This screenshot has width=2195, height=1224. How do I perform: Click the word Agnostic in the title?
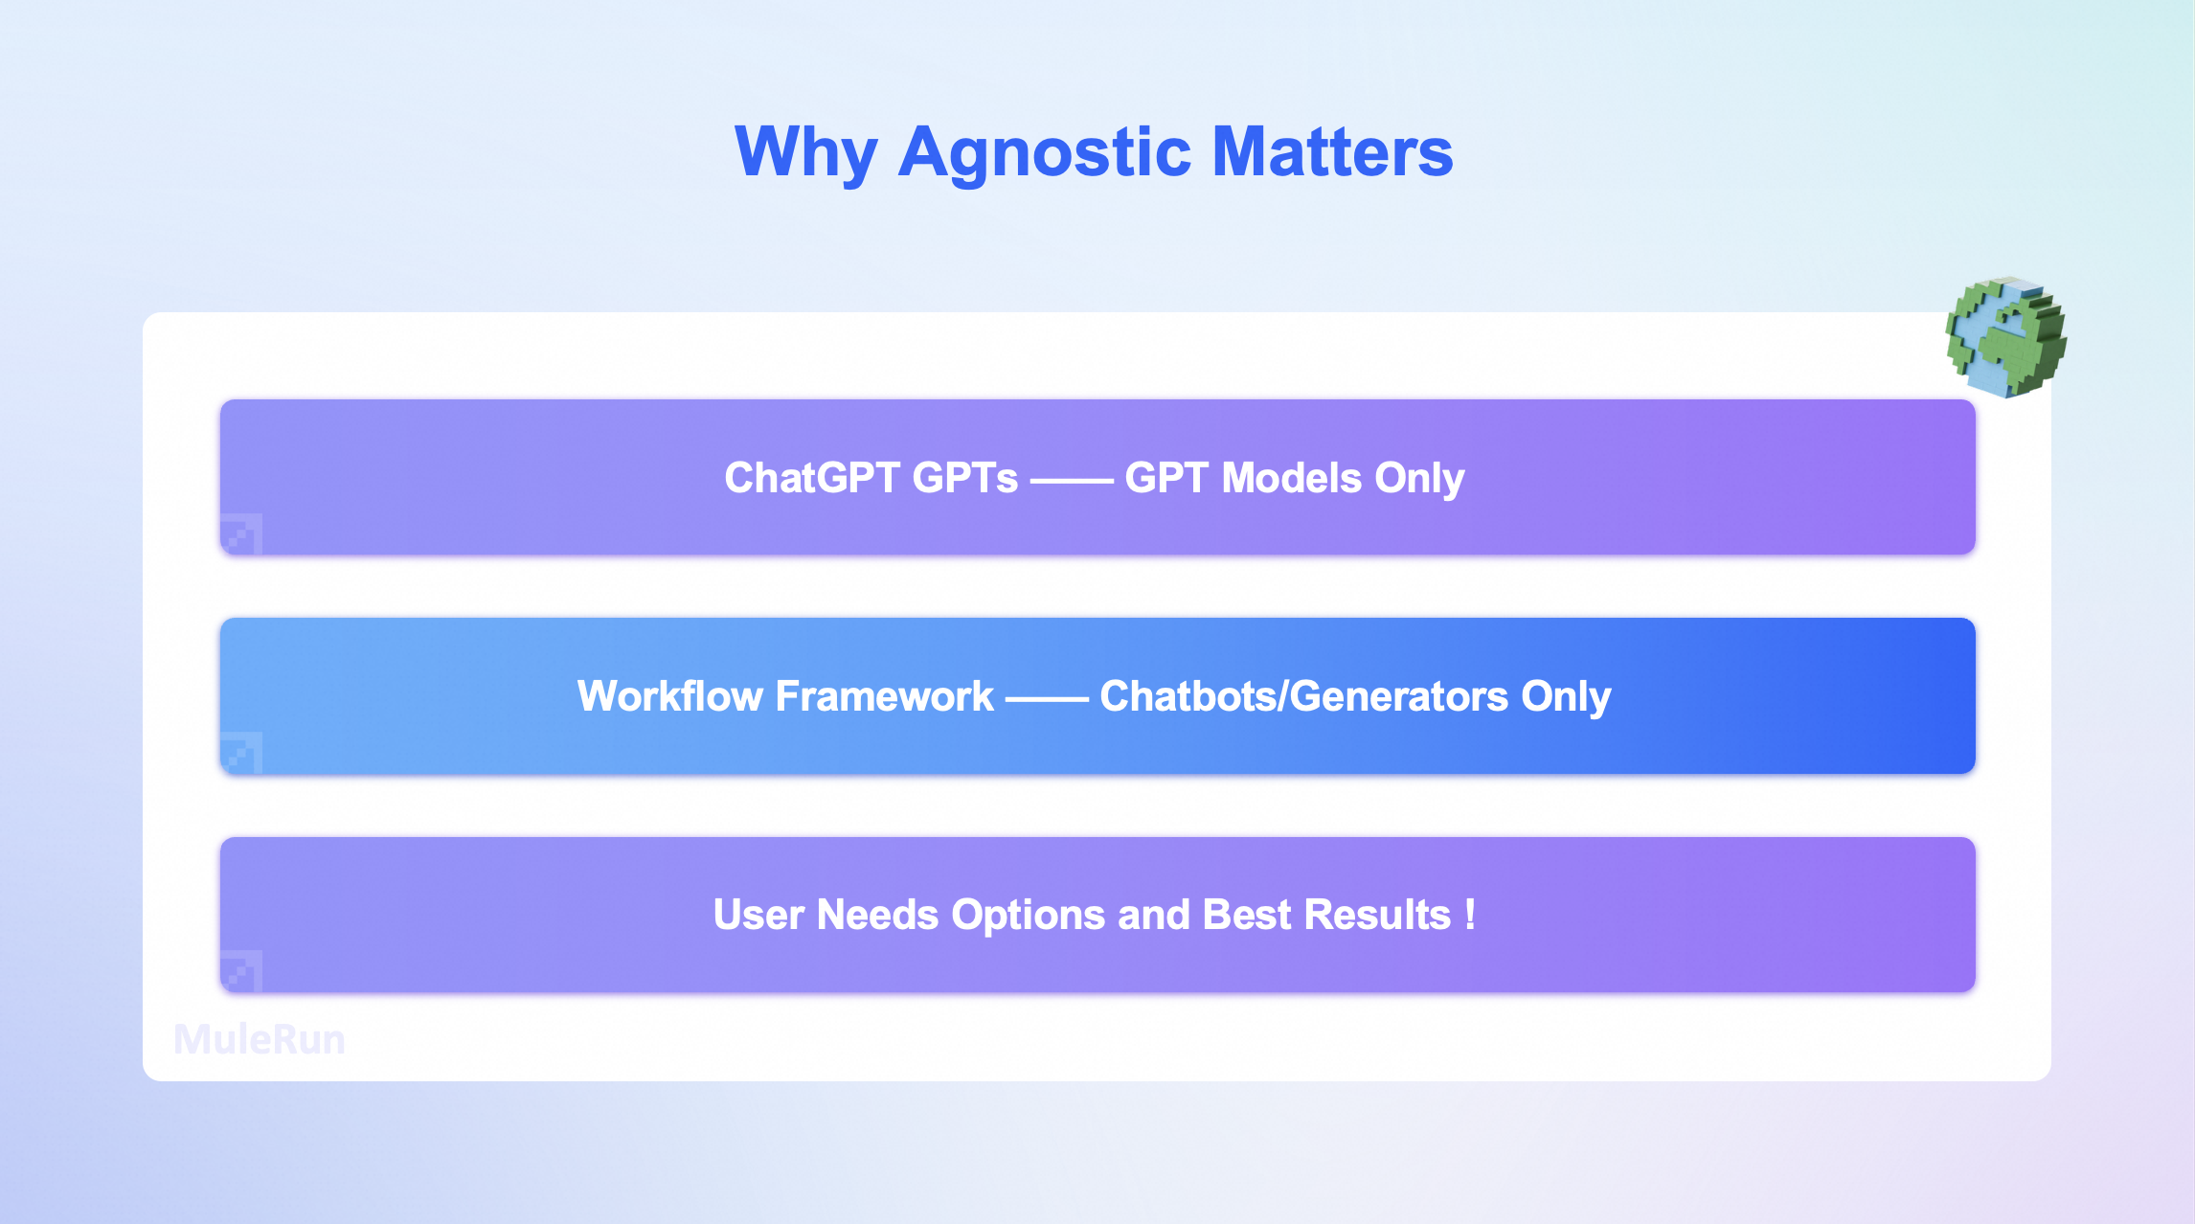(1044, 153)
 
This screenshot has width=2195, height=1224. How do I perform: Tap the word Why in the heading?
(805, 153)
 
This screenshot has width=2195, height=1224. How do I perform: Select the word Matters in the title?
(1332, 153)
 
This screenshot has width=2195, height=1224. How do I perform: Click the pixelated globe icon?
(2005, 337)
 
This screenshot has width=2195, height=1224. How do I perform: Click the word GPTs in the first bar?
(964, 478)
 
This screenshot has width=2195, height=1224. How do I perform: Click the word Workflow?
(670, 696)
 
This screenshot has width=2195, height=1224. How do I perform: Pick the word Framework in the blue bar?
(884, 696)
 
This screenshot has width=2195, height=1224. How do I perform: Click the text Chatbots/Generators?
(1303, 696)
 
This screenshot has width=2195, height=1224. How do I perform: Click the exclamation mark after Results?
(1470, 915)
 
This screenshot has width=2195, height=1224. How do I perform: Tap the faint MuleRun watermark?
(260, 1040)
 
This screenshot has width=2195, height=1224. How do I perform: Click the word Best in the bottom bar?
(1246, 915)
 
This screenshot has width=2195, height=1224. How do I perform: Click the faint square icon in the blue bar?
(241, 752)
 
